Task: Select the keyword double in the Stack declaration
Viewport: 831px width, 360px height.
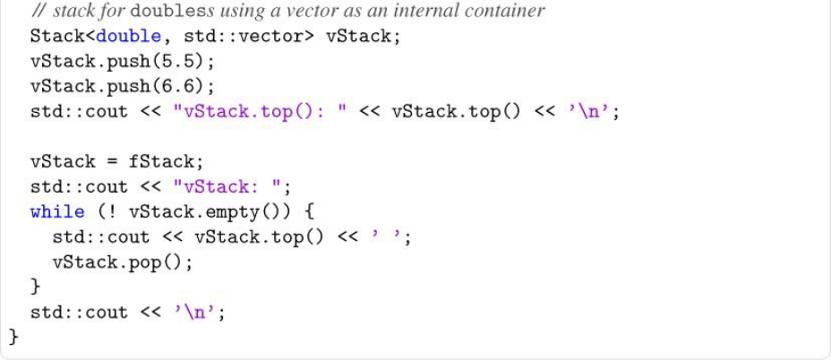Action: point(124,37)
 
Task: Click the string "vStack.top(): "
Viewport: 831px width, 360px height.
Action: point(253,112)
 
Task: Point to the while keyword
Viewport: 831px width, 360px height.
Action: point(57,212)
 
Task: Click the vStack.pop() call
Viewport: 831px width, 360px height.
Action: point(123,262)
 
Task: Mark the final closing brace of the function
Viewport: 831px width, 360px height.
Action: point(13,337)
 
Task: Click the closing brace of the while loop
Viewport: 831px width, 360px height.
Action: point(35,287)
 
